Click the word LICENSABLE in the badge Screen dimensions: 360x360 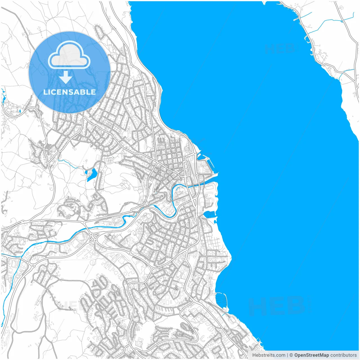(69, 92)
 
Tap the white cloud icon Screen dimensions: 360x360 (69, 55)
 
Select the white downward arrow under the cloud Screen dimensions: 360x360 (66, 77)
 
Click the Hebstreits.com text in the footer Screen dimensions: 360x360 (269, 355)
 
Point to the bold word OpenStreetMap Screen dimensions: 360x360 (312, 355)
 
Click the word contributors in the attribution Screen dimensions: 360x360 (343, 355)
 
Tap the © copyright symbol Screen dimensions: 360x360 (291, 355)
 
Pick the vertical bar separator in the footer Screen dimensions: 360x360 (287, 355)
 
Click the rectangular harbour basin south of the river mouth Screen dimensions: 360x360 (209, 215)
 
